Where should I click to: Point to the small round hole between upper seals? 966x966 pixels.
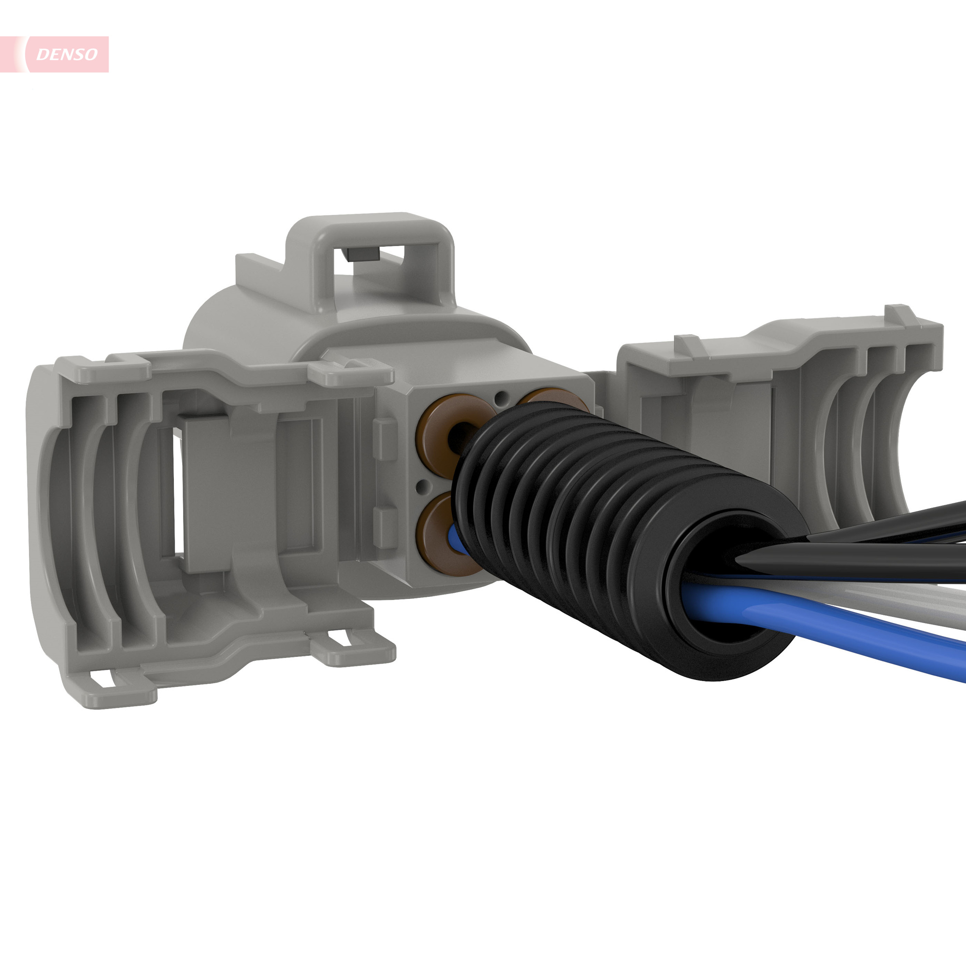pos(501,398)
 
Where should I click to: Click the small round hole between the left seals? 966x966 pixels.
pos(423,484)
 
